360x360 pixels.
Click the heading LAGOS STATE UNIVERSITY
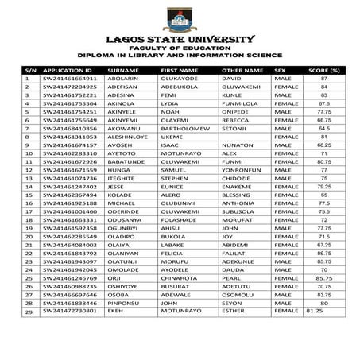click(x=180, y=39)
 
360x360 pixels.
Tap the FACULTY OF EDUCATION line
click(x=180, y=48)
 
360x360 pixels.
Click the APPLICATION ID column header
click(x=64, y=71)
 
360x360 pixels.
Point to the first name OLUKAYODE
click(x=181, y=79)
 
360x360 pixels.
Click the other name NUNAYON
click(x=236, y=145)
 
